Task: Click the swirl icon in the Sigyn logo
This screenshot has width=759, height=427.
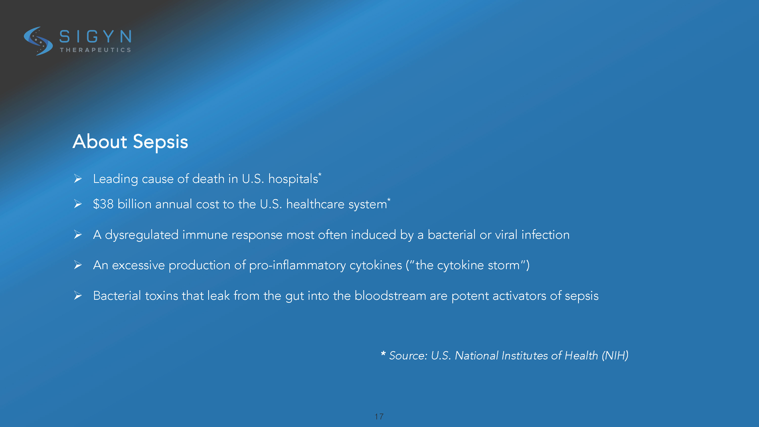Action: tap(38, 41)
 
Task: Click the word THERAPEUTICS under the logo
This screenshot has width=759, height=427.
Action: tap(95, 50)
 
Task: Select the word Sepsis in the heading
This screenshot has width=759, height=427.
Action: tap(160, 142)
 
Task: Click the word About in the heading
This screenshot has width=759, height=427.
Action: tap(100, 141)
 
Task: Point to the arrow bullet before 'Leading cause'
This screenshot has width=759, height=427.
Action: tap(78, 179)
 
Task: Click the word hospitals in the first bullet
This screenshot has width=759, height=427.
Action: tap(293, 179)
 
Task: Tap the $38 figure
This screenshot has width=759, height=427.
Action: tap(103, 204)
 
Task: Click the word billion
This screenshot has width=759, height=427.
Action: tap(134, 204)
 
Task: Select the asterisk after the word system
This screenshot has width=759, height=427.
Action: tap(389, 200)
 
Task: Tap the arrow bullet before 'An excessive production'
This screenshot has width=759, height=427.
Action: tap(78, 265)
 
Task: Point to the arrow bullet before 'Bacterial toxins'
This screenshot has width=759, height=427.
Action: tap(78, 295)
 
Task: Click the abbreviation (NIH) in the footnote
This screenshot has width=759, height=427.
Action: tap(615, 356)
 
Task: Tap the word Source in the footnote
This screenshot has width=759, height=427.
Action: tap(408, 356)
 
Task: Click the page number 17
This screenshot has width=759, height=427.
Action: tap(379, 416)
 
